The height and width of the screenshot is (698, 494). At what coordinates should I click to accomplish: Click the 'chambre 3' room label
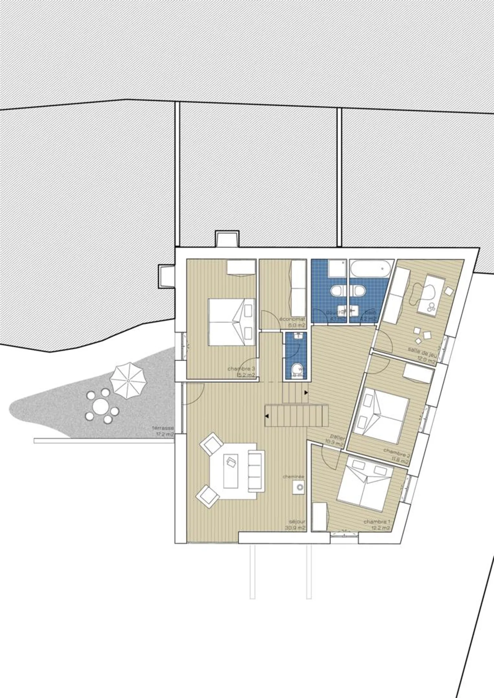pos(241,369)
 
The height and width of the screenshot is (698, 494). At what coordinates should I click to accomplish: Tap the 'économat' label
pos(292,319)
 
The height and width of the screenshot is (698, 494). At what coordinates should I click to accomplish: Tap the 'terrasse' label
pos(163,428)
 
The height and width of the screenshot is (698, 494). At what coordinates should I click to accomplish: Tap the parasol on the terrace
pos(128,380)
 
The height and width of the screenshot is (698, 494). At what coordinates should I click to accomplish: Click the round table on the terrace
pos(101,407)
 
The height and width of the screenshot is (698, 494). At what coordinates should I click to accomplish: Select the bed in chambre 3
pos(232,322)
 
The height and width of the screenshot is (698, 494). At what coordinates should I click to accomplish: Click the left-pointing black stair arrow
pos(267,416)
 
